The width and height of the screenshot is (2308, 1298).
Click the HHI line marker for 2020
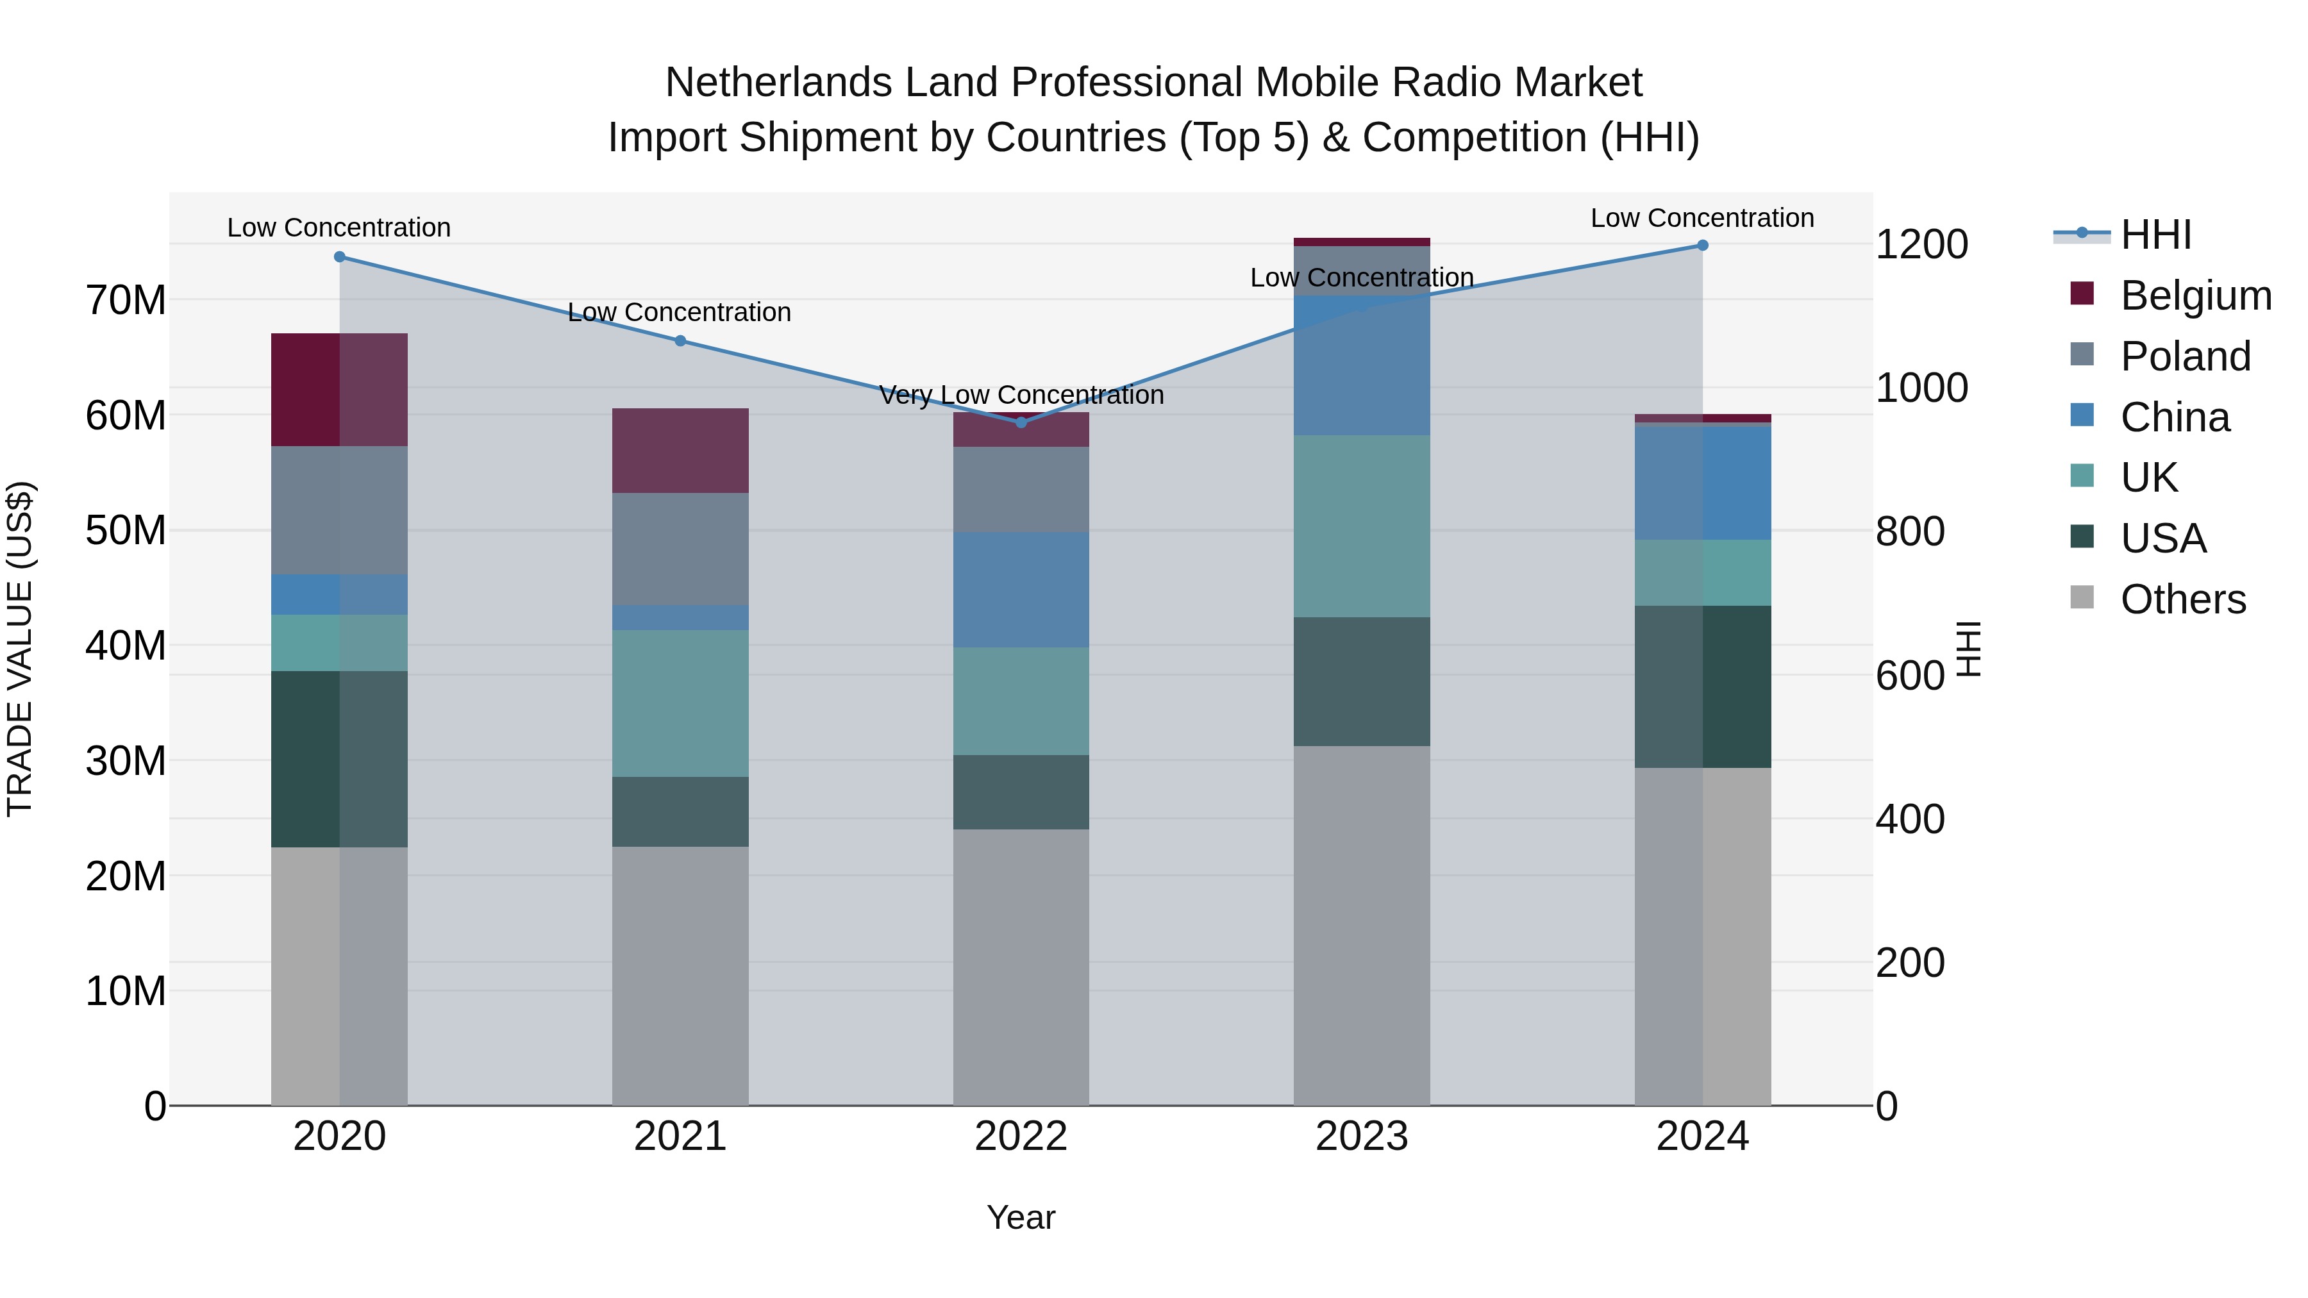pos(340,257)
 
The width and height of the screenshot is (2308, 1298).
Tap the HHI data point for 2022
pos(1021,422)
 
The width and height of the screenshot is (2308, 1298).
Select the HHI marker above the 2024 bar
pos(1702,245)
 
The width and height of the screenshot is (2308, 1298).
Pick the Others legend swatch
pos(2082,597)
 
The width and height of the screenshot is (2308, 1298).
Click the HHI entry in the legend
pos(2155,235)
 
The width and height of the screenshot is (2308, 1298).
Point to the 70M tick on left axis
pos(126,300)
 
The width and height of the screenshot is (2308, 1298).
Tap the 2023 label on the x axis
pos(1361,1136)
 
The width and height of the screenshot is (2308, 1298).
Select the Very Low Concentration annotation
pos(1021,395)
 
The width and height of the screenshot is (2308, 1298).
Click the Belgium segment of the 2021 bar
pos(680,451)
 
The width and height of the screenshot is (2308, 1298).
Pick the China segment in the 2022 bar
pos(1021,590)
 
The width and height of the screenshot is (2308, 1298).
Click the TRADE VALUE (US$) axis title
pos(20,649)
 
